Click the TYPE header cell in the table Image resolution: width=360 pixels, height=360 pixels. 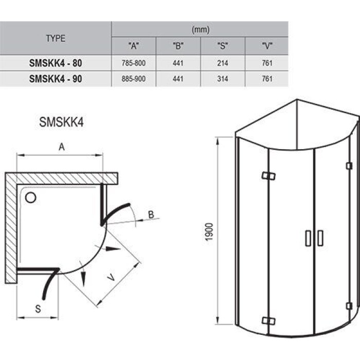tap(56, 39)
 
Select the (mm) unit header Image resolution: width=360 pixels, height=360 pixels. tap(200, 30)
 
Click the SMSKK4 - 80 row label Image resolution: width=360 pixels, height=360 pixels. tap(56, 63)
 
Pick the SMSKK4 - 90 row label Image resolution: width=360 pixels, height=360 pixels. tap(56, 79)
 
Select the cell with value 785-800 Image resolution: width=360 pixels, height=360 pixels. tap(133, 63)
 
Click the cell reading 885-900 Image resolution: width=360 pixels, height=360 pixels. tap(133, 79)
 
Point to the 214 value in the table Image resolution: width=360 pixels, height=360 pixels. tap(222, 63)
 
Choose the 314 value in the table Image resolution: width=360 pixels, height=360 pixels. tap(222, 79)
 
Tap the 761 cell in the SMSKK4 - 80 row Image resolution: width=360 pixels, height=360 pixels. tap(266, 63)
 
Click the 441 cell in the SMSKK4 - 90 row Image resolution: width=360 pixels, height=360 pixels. tap(177, 79)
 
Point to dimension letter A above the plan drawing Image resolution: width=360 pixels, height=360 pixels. tap(61, 147)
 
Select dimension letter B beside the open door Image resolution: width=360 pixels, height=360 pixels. tap(151, 214)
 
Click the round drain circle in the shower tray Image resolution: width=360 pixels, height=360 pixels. tap(30, 197)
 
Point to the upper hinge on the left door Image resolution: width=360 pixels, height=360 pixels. tap(268, 176)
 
